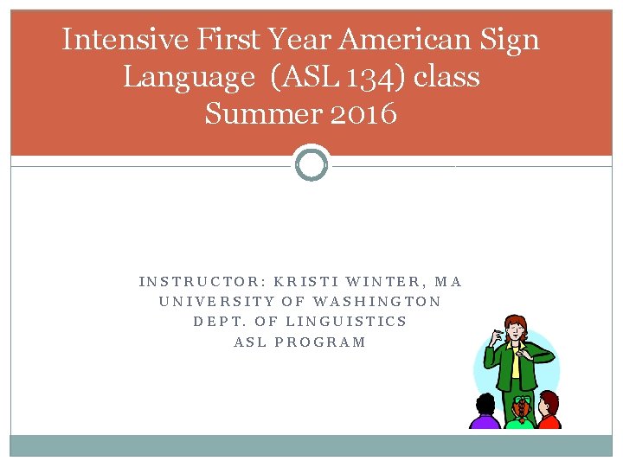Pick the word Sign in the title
(510, 40)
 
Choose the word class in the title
(447, 77)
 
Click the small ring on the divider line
(311, 163)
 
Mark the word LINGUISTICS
(346, 322)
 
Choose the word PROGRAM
(320, 342)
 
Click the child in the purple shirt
(485, 413)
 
